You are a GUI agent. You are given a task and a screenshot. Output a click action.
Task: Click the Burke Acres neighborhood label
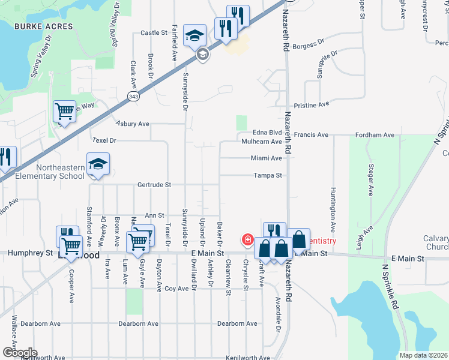[43, 26]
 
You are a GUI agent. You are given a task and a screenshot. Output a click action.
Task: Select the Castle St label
[154, 33]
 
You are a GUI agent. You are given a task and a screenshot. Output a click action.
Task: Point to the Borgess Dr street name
[309, 44]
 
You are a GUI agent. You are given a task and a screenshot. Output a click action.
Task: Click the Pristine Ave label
[312, 104]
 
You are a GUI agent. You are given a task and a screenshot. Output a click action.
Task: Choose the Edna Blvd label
[267, 133]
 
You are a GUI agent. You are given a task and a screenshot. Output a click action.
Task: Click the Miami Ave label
[267, 158]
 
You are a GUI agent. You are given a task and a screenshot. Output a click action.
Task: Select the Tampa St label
[268, 176]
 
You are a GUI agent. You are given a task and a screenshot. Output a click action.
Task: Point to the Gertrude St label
[154, 185]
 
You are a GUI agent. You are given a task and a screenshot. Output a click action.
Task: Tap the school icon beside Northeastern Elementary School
[98, 164]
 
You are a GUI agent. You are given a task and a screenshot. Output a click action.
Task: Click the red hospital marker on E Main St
[247, 240]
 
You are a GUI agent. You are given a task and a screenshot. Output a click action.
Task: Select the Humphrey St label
[30, 254]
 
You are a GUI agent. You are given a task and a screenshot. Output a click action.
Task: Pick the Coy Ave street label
[177, 289]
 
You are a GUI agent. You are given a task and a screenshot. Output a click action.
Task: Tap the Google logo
[20, 353]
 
